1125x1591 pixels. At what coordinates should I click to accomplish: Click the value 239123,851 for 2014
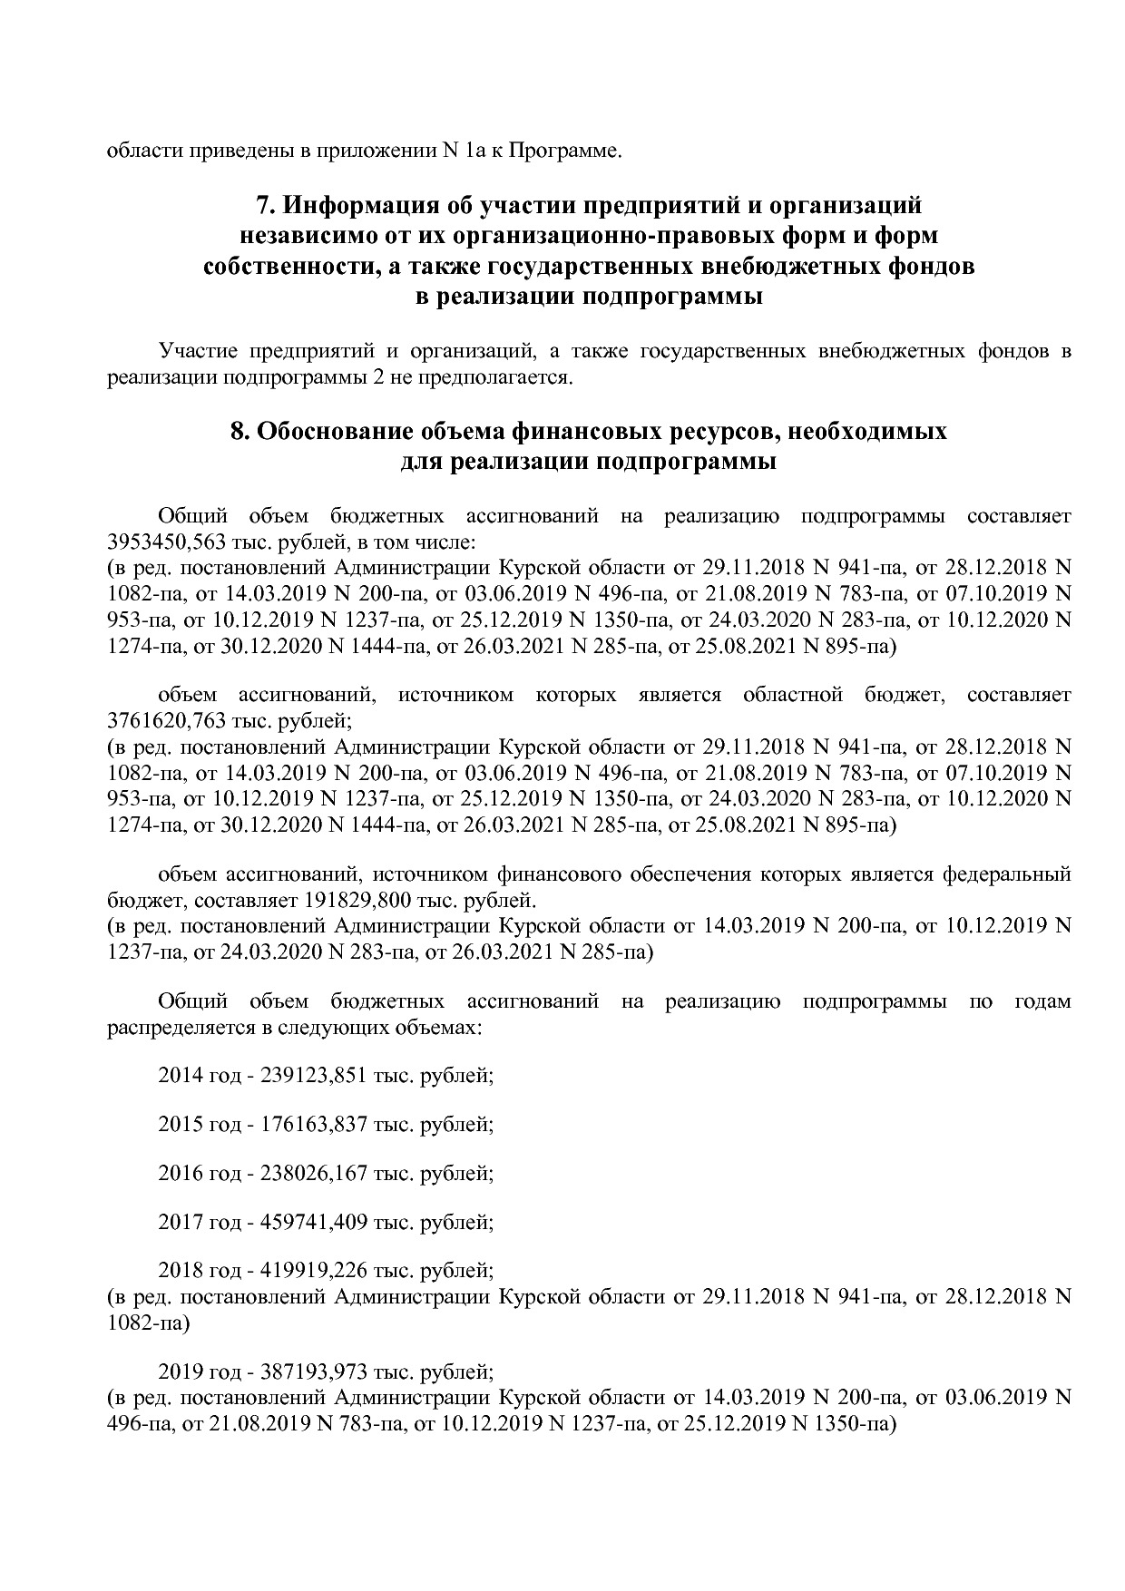pos(314,1076)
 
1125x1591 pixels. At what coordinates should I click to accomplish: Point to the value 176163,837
pos(314,1125)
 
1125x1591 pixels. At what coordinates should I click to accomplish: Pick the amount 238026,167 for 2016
pos(314,1174)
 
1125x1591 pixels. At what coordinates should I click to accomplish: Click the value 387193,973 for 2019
pos(314,1371)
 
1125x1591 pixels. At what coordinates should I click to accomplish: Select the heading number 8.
pos(239,431)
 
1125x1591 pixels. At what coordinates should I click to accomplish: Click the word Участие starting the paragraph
pos(194,350)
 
